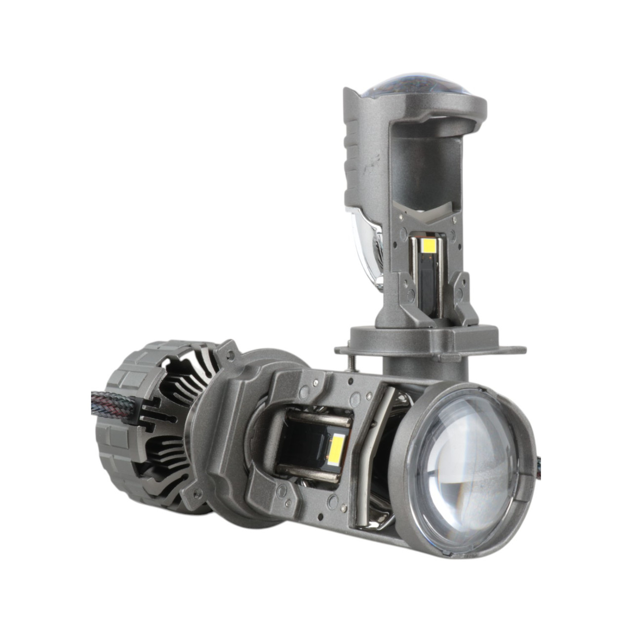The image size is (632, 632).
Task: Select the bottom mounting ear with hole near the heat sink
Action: tap(197, 491)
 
